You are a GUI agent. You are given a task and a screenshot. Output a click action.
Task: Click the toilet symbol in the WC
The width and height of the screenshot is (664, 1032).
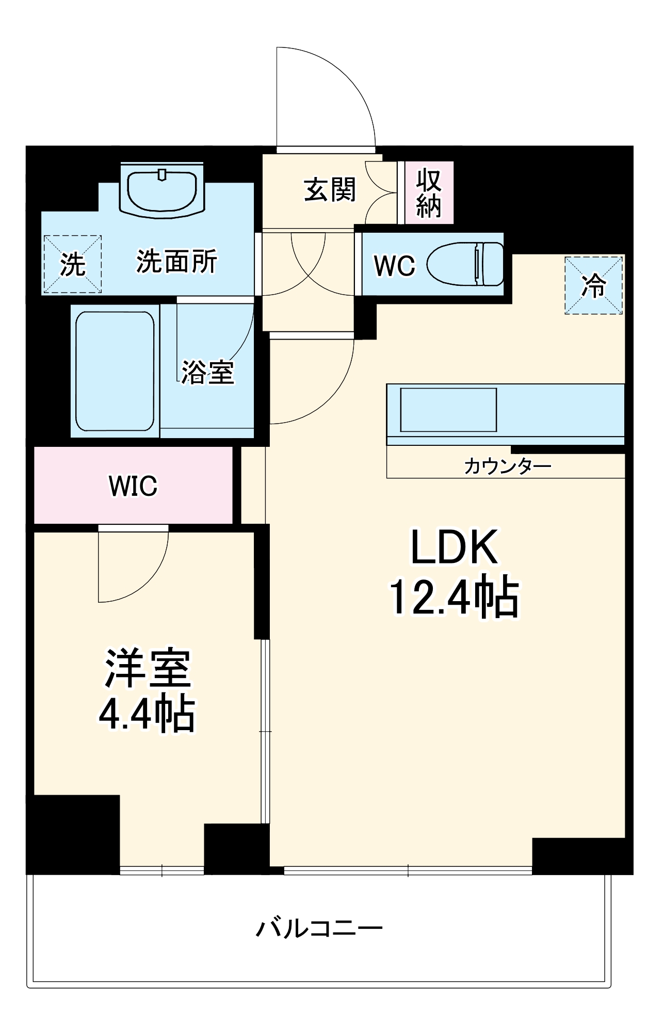(x=466, y=264)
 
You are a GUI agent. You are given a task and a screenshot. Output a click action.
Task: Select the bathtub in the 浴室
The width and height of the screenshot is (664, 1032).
(x=115, y=372)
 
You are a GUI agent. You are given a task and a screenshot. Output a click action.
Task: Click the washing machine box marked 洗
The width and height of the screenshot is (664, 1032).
(x=72, y=264)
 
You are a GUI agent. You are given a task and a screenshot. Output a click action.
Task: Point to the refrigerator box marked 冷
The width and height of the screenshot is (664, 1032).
(x=594, y=285)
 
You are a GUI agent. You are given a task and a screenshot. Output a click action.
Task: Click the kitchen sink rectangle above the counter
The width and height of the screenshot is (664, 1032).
(x=448, y=410)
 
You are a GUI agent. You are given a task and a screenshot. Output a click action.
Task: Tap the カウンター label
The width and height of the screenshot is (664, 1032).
(x=507, y=466)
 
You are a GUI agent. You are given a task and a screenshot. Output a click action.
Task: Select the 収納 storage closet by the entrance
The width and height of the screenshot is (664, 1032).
(x=429, y=192)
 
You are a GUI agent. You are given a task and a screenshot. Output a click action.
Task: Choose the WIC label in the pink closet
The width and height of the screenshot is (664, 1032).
(x=133, y=486)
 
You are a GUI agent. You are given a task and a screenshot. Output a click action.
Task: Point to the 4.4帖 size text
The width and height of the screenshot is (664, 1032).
(x=147, y=715)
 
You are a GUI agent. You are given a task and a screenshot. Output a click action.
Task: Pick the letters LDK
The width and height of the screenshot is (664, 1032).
(x=454, y=547)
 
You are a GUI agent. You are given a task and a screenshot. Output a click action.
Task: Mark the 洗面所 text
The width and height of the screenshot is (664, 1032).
(x=176, y=262)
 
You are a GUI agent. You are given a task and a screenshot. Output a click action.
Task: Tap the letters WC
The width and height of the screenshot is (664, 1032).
(x=394, y=266)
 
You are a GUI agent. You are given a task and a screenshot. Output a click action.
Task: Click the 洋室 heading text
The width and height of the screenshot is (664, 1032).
(x=148, y=668)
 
